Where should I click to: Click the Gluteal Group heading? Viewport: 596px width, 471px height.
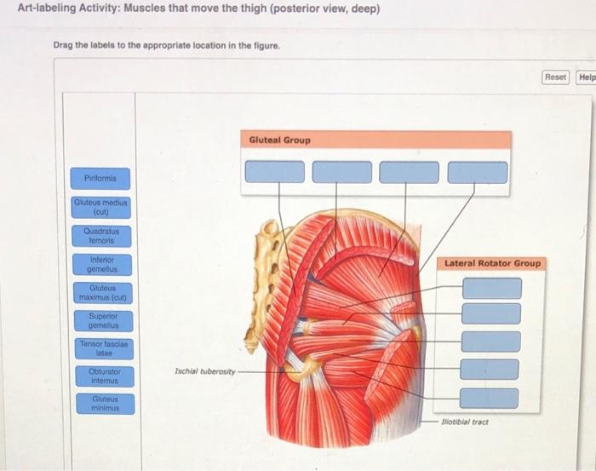coord(280,140)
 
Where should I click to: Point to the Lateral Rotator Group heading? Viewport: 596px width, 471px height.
coord(493,263)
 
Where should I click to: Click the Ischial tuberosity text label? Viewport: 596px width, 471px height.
coord(203,371)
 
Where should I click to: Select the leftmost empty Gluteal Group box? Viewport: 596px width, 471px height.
coord(274,172)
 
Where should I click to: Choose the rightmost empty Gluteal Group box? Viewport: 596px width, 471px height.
coord(477,172)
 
